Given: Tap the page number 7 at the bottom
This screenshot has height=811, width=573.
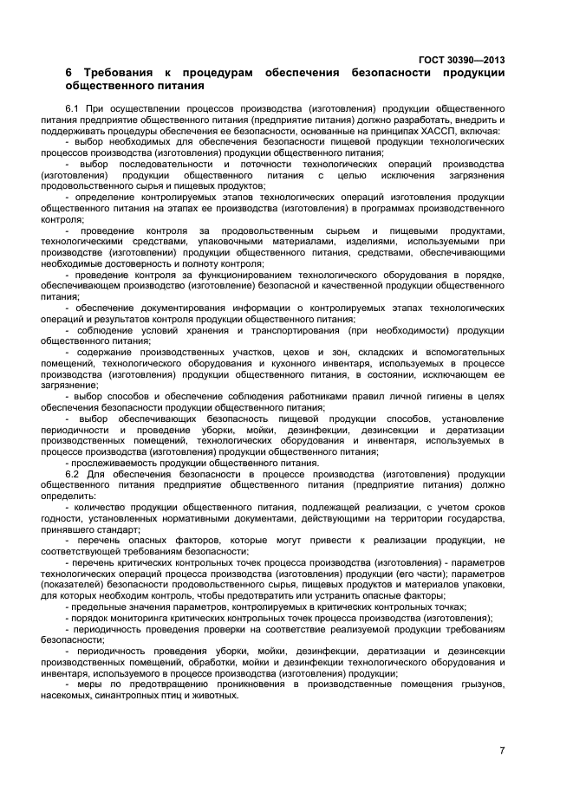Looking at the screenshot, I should tap(502, 749).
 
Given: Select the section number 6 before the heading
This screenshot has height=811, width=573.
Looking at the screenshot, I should tap(68, 73).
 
